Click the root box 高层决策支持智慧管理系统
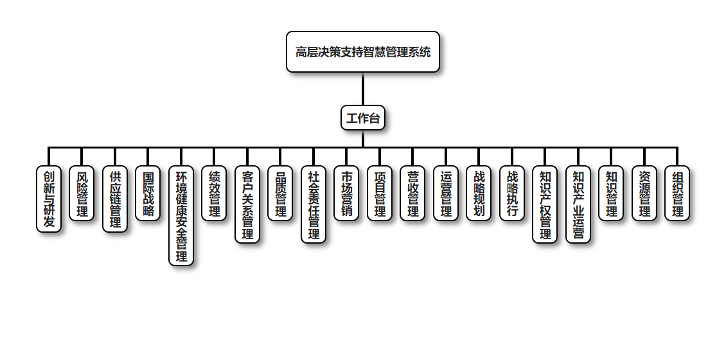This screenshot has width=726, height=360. pos(363,52)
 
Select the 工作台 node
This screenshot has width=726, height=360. pos(363,118)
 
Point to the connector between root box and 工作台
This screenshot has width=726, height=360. pos(363,89)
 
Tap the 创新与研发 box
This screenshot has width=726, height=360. pos(49,199)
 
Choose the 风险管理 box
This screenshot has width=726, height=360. pos(82,193)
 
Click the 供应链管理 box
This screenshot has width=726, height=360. pos(115,199)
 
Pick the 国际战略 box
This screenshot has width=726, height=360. pos(148,193)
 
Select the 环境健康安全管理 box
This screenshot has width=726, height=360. pos(181,215)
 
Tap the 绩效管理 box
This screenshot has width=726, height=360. pos(214,193)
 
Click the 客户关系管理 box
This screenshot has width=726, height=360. pos(247,204)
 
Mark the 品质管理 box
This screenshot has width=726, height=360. pos(280,193)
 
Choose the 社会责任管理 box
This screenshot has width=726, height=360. pos(314,204)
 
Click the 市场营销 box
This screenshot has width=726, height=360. pos(346,193)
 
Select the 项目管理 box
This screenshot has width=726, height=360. pos(380,193)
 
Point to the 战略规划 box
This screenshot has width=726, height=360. pos(479,193)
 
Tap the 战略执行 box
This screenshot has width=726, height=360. pos(512,193)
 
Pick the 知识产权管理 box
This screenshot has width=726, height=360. pos(545,204)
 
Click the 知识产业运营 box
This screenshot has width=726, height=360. pos(578,204)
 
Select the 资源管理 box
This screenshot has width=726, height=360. pos(644,193)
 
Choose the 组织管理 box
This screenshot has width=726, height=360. pos(677,193)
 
